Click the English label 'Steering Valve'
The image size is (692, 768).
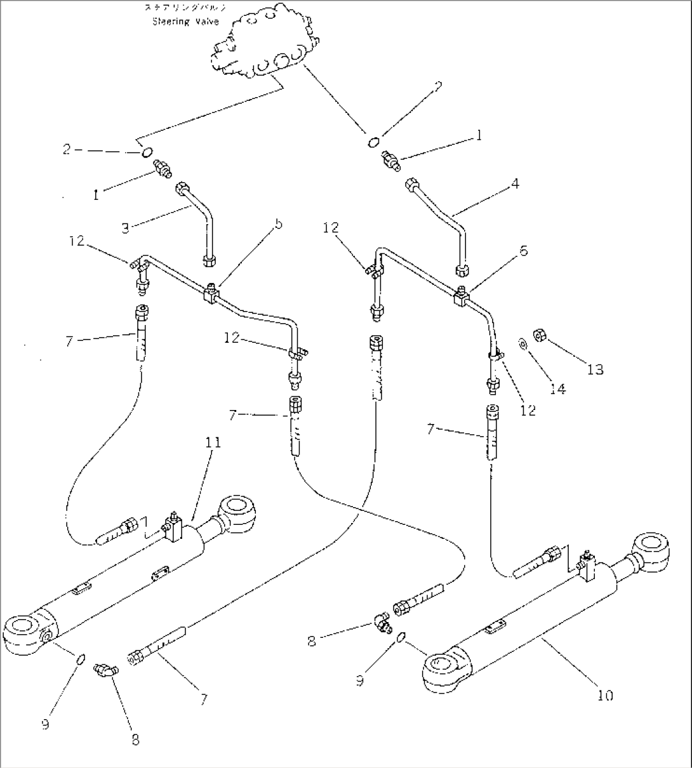pyautogui.click(x=185, y=22)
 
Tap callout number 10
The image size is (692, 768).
pyautogui.click(x=606, y=696)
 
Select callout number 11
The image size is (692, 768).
pyautogui.click(x=214, y=442)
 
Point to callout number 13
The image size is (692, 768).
pyautogui.click(x=595, y=369)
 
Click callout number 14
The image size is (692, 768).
pyautogui.click(x=557, y=388)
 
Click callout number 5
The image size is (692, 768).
pyautogui.click(x=243, y=225)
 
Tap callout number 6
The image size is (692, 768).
pyautogui.click(x=524, y=251)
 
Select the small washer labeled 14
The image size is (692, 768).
pyautogui.click(x=521, y=344)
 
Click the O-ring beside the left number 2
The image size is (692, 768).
pyautogui.click(x=146, y=152)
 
